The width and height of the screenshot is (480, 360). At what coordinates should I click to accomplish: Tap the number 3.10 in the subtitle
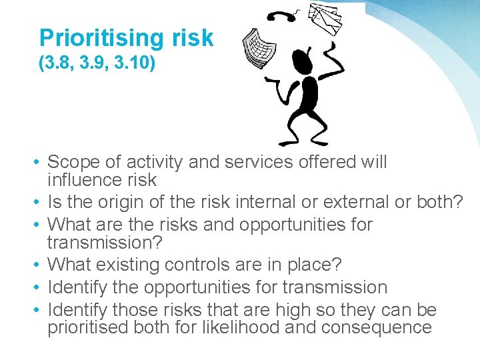pyautogui.click(x=138, y=65)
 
